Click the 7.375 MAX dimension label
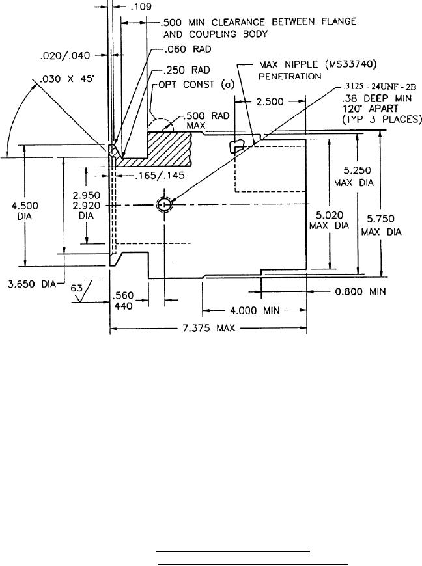208,329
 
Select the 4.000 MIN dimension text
254,310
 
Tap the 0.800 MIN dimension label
365,292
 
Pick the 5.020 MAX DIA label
329,221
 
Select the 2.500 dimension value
270,102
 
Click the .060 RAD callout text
176,48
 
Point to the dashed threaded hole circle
163,205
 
